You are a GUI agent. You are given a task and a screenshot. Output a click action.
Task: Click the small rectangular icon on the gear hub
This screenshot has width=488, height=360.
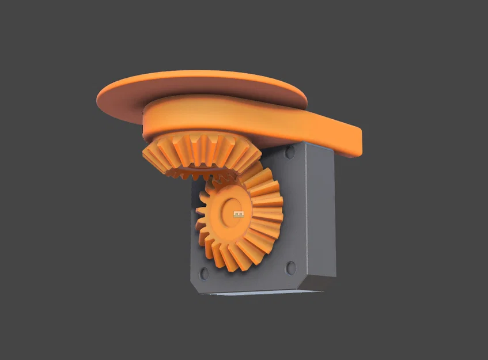coord(238,214)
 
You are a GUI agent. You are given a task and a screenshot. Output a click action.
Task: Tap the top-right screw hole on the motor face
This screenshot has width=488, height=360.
coord(289,153)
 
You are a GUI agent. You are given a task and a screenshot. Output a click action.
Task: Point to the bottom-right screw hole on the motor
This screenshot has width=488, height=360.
coord(290,268)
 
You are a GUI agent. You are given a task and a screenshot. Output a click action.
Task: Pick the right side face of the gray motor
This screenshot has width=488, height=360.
coord(321,213)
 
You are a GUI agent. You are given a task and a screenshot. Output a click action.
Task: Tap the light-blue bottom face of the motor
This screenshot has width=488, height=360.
coord(259,293)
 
